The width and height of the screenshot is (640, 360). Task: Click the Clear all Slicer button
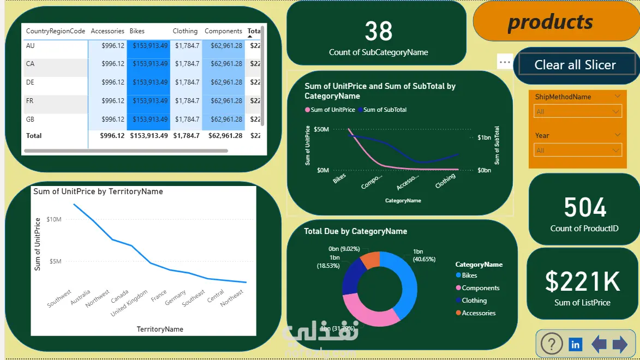(575, 65)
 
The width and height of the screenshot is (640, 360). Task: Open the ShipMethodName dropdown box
(578, 112)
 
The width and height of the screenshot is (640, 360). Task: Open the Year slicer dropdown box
(578, 151)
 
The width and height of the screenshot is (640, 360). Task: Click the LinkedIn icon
(575, 344)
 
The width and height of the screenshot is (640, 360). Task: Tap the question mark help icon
(552, 344)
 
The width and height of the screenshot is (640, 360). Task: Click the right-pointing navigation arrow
(620, 344)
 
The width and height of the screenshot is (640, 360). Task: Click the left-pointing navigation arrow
(599, 344)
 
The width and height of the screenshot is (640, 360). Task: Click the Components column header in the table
(223, 31)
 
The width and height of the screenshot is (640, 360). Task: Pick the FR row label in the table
(31, 101)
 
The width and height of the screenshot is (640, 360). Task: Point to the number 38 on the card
(378, 32)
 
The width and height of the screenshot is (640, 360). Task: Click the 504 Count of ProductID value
(585, 208)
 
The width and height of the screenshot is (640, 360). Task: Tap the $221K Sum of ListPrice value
(582, 282)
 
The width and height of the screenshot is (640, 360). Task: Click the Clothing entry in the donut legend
(474, 301)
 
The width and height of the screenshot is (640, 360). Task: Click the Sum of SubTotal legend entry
(385, 110)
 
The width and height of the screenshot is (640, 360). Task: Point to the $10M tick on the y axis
(54, 219)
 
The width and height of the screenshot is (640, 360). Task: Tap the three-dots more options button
(505, 62)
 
